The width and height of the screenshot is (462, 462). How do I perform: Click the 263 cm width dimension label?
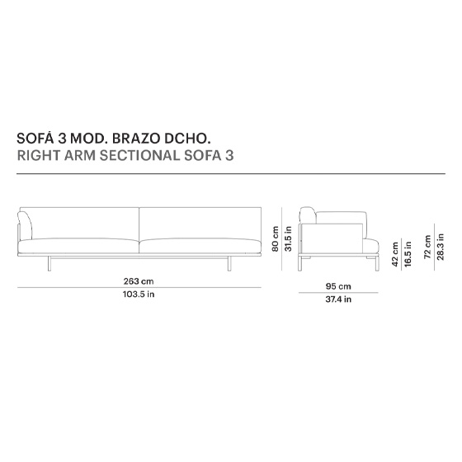pyautogui.click(x=139, y=281)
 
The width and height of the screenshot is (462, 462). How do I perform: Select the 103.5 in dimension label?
pyautogui.click(x=139, y=294)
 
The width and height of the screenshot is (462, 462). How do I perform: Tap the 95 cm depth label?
pyautogui.click(x=338, y=286)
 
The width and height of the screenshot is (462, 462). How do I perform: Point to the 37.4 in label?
pyautogui.click(x=338, y=299)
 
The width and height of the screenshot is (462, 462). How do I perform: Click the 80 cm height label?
pyautogui.click(x=276, y=238)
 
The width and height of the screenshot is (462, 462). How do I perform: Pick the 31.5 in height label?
pyautogui.click(x=288, y=238)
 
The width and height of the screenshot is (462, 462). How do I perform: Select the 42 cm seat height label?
pyautogui.click(x=395, y=254)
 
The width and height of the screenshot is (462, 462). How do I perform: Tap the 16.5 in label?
pyautogui.click(x=408, y=254)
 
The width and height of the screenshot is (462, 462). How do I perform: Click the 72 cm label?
pyautogui.click(x=427, y=247)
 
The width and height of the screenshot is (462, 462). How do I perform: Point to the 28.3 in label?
pyautogui.click(x=441, y=247)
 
